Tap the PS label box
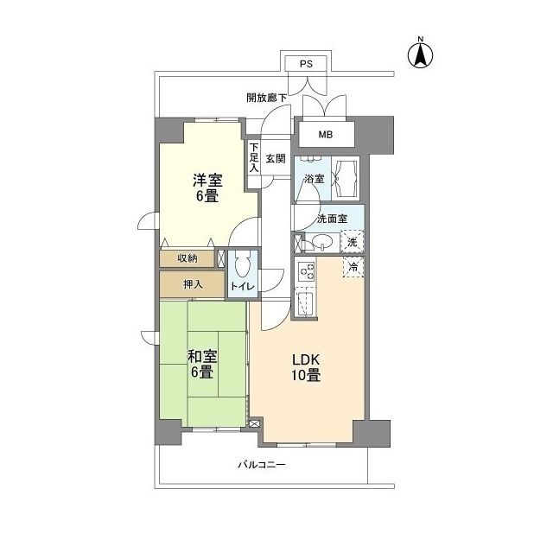[x=306, y=64]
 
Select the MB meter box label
[x=325, y=134]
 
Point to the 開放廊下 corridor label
[x=266, y=98]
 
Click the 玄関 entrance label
[x=276, y=158]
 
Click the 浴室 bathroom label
[x=315, y=179]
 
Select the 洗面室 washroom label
[x=332, y=219]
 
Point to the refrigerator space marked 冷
[x=353, y=267]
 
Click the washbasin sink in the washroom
[x=321, y=243]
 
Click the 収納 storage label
[x=188, y=257]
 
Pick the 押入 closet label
[x=194, y=283]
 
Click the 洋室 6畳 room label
[x=207, y=188]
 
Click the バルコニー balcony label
[x=262, y=466]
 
